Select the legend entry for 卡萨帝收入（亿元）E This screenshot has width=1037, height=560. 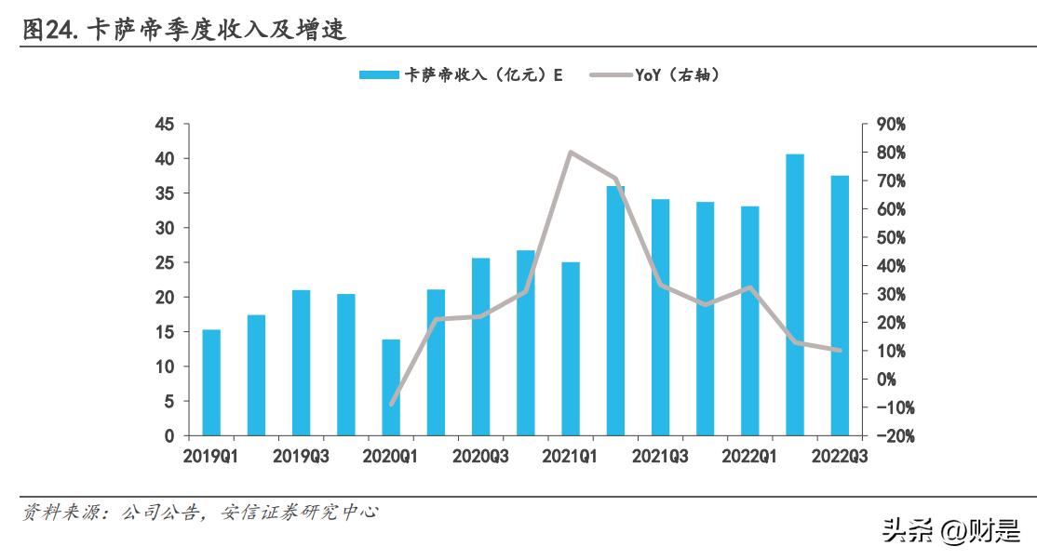coord(462,75)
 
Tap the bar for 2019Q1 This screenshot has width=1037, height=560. coord(211,382)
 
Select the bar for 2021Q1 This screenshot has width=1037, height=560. coord(571,349)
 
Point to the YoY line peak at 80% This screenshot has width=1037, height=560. coord(571,152)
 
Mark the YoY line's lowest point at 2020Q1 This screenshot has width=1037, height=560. coord(391,405)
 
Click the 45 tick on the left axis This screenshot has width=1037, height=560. coord(165,125)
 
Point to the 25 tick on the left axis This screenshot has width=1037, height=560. coord(165,263)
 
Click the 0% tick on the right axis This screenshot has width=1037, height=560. coord(884,380)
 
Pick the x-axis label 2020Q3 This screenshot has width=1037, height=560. coord(480,456)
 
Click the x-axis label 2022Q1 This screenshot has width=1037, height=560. coord(749,456)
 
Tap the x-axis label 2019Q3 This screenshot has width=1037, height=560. coord(301,456)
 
